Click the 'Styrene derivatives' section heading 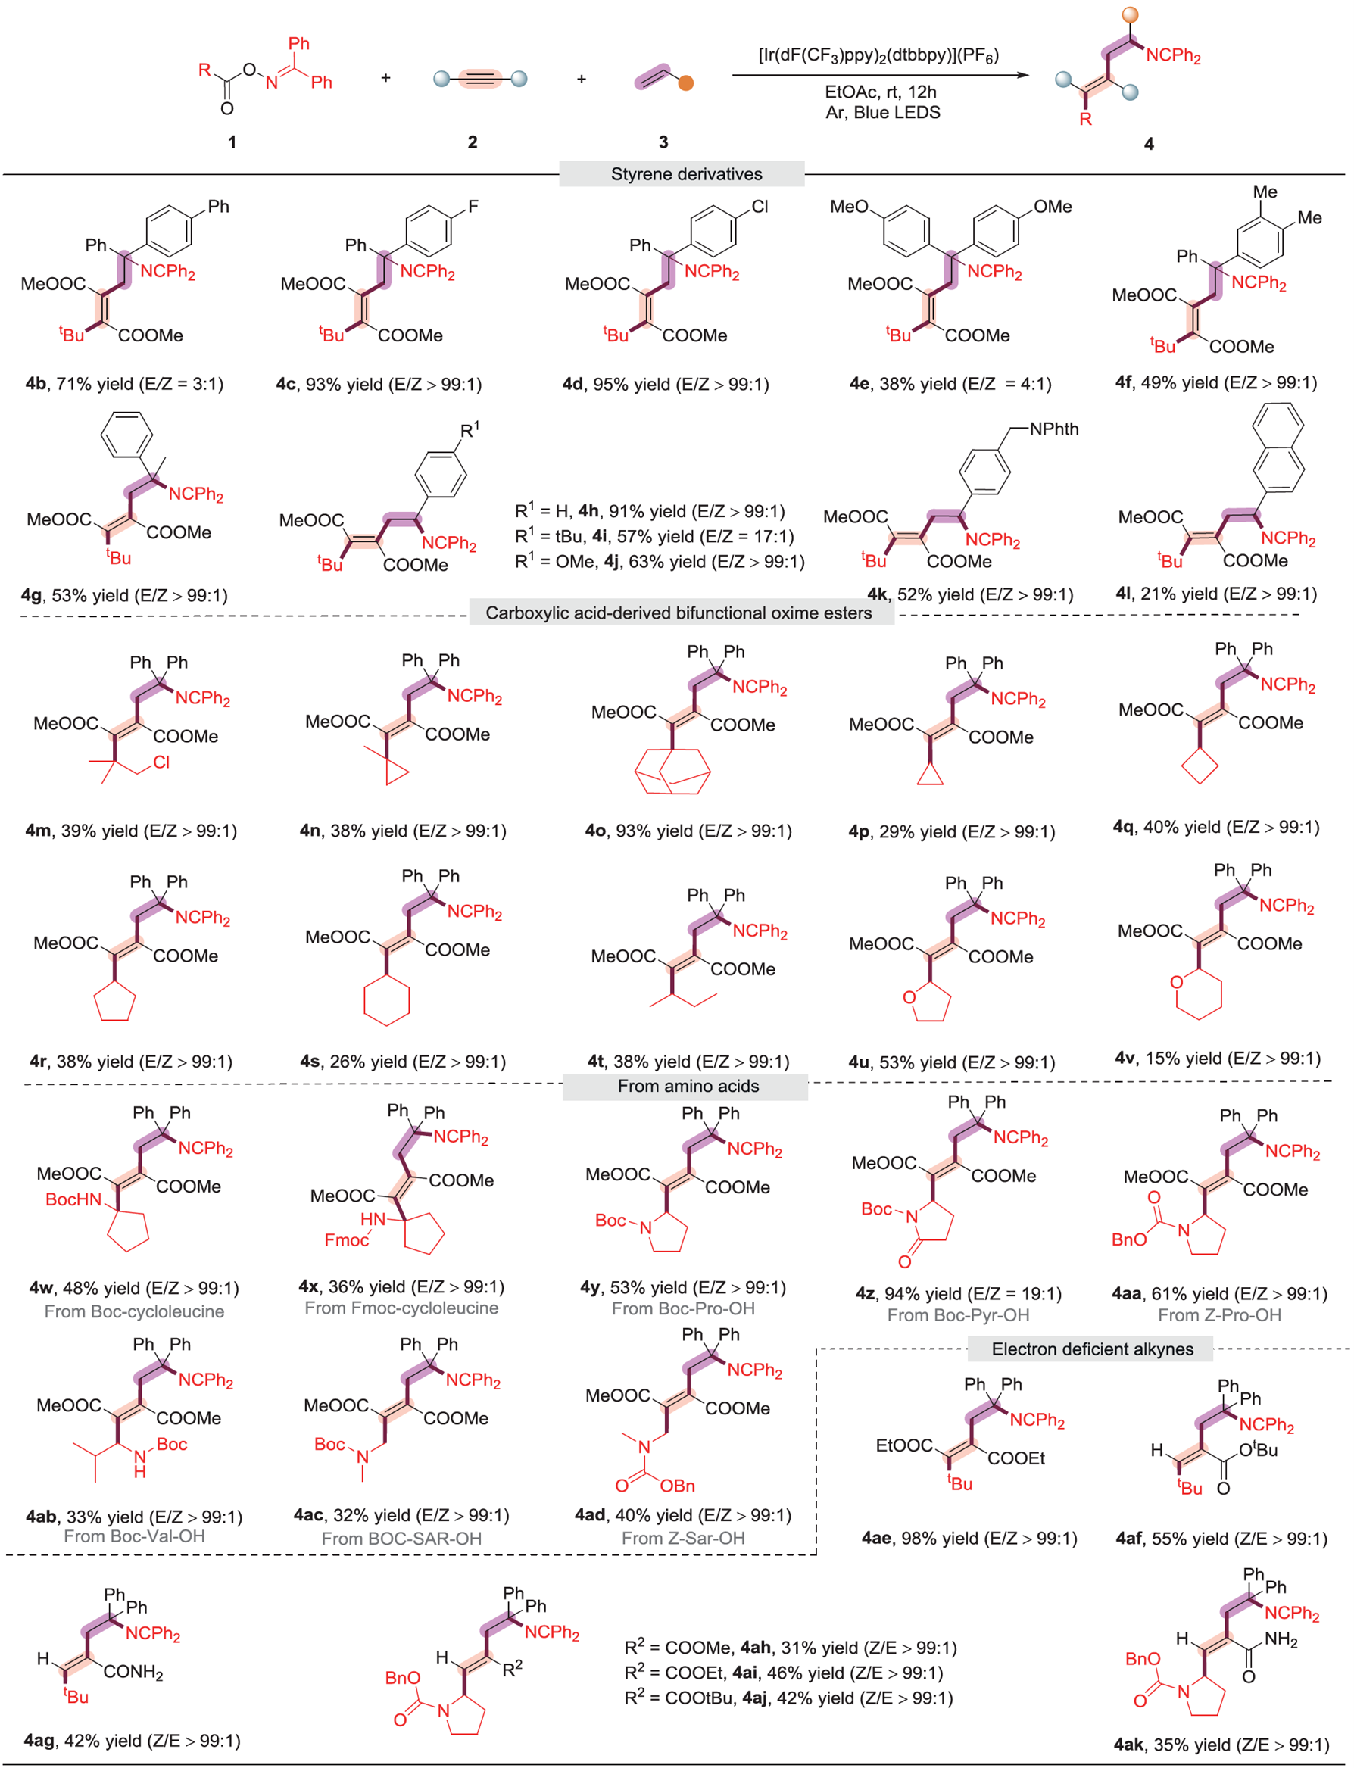point(686,174)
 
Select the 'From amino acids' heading point(688,1086)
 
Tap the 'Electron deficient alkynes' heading point(1092,1349)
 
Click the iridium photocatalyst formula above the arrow point(878,55)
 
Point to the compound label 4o point(597,831)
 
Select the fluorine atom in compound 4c point(473,207)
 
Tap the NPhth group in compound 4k point(1053,429)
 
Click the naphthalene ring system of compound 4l point(1278,447)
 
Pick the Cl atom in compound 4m point(161,762)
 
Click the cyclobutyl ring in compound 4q point(1200,766)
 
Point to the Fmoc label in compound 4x point(346,1240)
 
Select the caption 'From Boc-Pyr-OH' point(957,1315)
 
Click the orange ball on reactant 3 point(685,83)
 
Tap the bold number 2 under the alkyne point(473,142)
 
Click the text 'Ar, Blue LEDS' point(882,113)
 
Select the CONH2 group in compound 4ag point(133,1671)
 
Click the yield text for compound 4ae point(969,1539)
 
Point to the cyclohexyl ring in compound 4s point(387,999)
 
